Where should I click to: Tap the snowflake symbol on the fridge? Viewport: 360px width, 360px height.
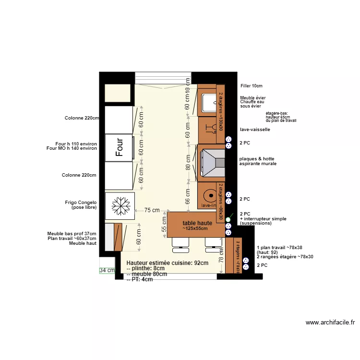[120, 206]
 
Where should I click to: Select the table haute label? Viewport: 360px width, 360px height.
[197, 223]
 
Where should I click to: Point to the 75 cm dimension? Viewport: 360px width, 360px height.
[152, 210]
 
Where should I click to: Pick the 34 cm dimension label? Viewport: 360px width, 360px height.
[107, 270]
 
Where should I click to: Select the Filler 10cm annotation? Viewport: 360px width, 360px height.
[251, 86]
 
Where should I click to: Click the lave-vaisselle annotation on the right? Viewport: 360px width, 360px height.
[255, 130]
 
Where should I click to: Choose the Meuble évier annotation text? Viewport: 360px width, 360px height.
[253, 98]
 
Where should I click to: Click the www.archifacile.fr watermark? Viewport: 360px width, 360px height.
[330, 323]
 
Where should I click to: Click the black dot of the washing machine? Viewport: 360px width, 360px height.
[210, 196]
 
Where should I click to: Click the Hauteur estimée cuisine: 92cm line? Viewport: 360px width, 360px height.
[167, 263]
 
